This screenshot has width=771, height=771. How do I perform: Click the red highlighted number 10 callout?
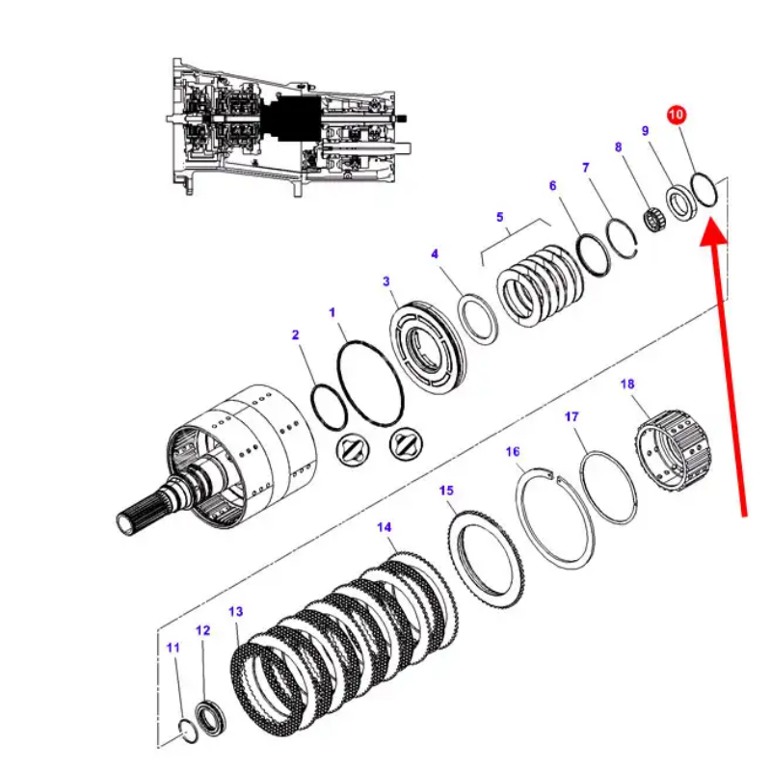pos(676,115)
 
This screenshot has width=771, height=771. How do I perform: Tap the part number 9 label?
pos(646,131)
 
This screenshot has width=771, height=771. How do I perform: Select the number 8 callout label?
pos(619,147)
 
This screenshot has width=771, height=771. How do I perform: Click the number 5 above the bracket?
pos(500,218)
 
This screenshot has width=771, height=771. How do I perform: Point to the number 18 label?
pos(627,385)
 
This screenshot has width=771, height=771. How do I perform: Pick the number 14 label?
pos(385,527)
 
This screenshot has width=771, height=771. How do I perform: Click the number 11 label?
pos(173,649)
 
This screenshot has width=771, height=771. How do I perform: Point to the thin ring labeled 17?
pos(609,486)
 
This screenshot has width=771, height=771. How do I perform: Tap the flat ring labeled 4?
pos(477,316)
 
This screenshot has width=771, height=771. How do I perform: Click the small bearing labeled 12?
pos(210,719)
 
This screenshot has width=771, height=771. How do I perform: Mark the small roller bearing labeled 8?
pos(656,221)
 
